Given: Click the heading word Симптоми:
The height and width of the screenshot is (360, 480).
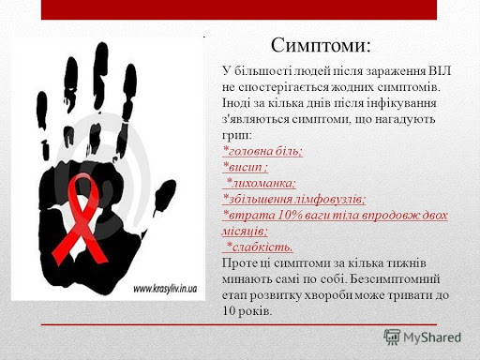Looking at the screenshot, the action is click(x=321, y=46).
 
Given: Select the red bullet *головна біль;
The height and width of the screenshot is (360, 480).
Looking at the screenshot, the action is click(x=262, y=151).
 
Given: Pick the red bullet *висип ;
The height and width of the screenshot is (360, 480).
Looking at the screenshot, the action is click(x=245, y=167).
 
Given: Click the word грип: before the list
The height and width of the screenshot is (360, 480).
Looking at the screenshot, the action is click(x=236, y=136).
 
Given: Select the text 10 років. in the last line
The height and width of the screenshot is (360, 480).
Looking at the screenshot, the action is click(x=247, y=311).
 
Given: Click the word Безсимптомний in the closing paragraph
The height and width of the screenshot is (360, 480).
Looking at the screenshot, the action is click(x=395, y=278).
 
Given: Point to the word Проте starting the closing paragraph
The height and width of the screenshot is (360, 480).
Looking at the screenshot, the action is click(x=239, y=263).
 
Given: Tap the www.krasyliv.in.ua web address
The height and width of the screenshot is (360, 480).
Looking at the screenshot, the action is click(x=165, y=289).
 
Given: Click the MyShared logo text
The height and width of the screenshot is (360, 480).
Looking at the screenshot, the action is click(x=432, y=337).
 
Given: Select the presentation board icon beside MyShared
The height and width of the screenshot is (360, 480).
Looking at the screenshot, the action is click(x=392, y=337).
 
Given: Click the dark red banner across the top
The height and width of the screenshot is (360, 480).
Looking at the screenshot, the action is click(x=239, y=9).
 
